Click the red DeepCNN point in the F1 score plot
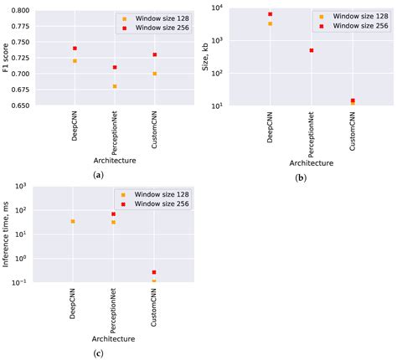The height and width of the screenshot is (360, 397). click(x=75, y=49)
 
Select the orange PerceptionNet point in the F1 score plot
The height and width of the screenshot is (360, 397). click(x=115, y=86)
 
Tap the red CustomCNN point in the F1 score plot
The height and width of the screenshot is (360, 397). click(x=155, y=54)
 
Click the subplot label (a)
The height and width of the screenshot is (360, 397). click(x=99, y=173)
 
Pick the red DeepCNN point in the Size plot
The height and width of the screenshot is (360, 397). click(x=270, y=14)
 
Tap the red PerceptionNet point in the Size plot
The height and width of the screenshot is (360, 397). click(x=311, y=50)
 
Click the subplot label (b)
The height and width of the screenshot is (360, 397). click(x=299, y=178)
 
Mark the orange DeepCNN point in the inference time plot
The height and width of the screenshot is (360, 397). click(x=73, y=221)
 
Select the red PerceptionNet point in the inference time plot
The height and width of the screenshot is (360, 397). click(x=113, y=214)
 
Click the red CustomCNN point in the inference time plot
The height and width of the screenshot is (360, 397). click(x=154, y=272)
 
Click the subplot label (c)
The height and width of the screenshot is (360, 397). click(x=99, y=352)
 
